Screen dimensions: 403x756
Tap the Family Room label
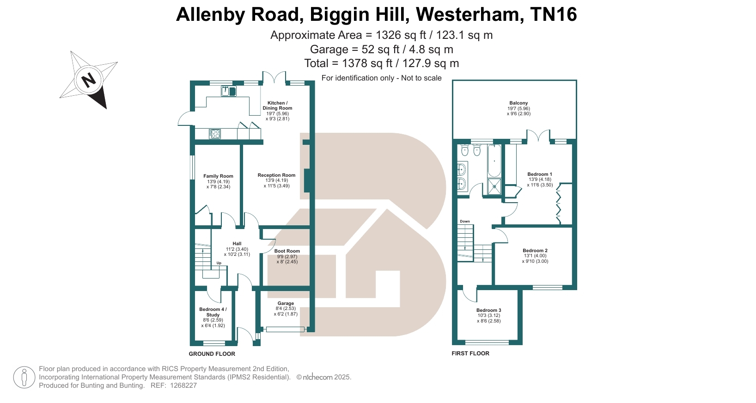tap(218, 176)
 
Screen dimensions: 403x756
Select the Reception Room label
tap(276, 175)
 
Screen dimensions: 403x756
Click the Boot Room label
tap(287, 251)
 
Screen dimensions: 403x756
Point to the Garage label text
tap(286, 304)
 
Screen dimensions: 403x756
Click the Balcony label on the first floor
tap(518, 103)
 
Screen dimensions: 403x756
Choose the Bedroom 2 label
tap(535, 251)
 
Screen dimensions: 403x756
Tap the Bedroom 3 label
tap(488, 310)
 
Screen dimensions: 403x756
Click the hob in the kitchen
tap(215, 134)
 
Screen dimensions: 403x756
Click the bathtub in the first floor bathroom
tap(494, 161)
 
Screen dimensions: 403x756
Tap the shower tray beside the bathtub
tap(494, 187)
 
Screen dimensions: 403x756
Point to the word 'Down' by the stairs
tap(465, 222)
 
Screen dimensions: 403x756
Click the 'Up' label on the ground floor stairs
tap(219, 263)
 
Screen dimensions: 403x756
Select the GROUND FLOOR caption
tap(212, 354)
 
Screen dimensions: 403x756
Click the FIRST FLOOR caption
tap(470, 353)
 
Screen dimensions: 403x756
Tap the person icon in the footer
tap(24, 377)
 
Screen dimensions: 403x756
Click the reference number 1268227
tap(183, 385)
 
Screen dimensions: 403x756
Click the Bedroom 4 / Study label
tap(213, 312)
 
